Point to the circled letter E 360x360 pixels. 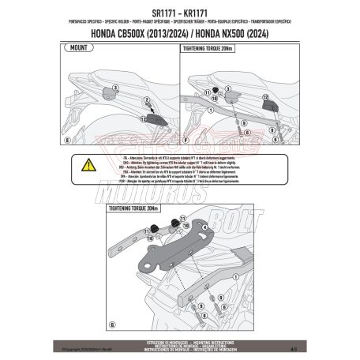pos(67,139)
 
